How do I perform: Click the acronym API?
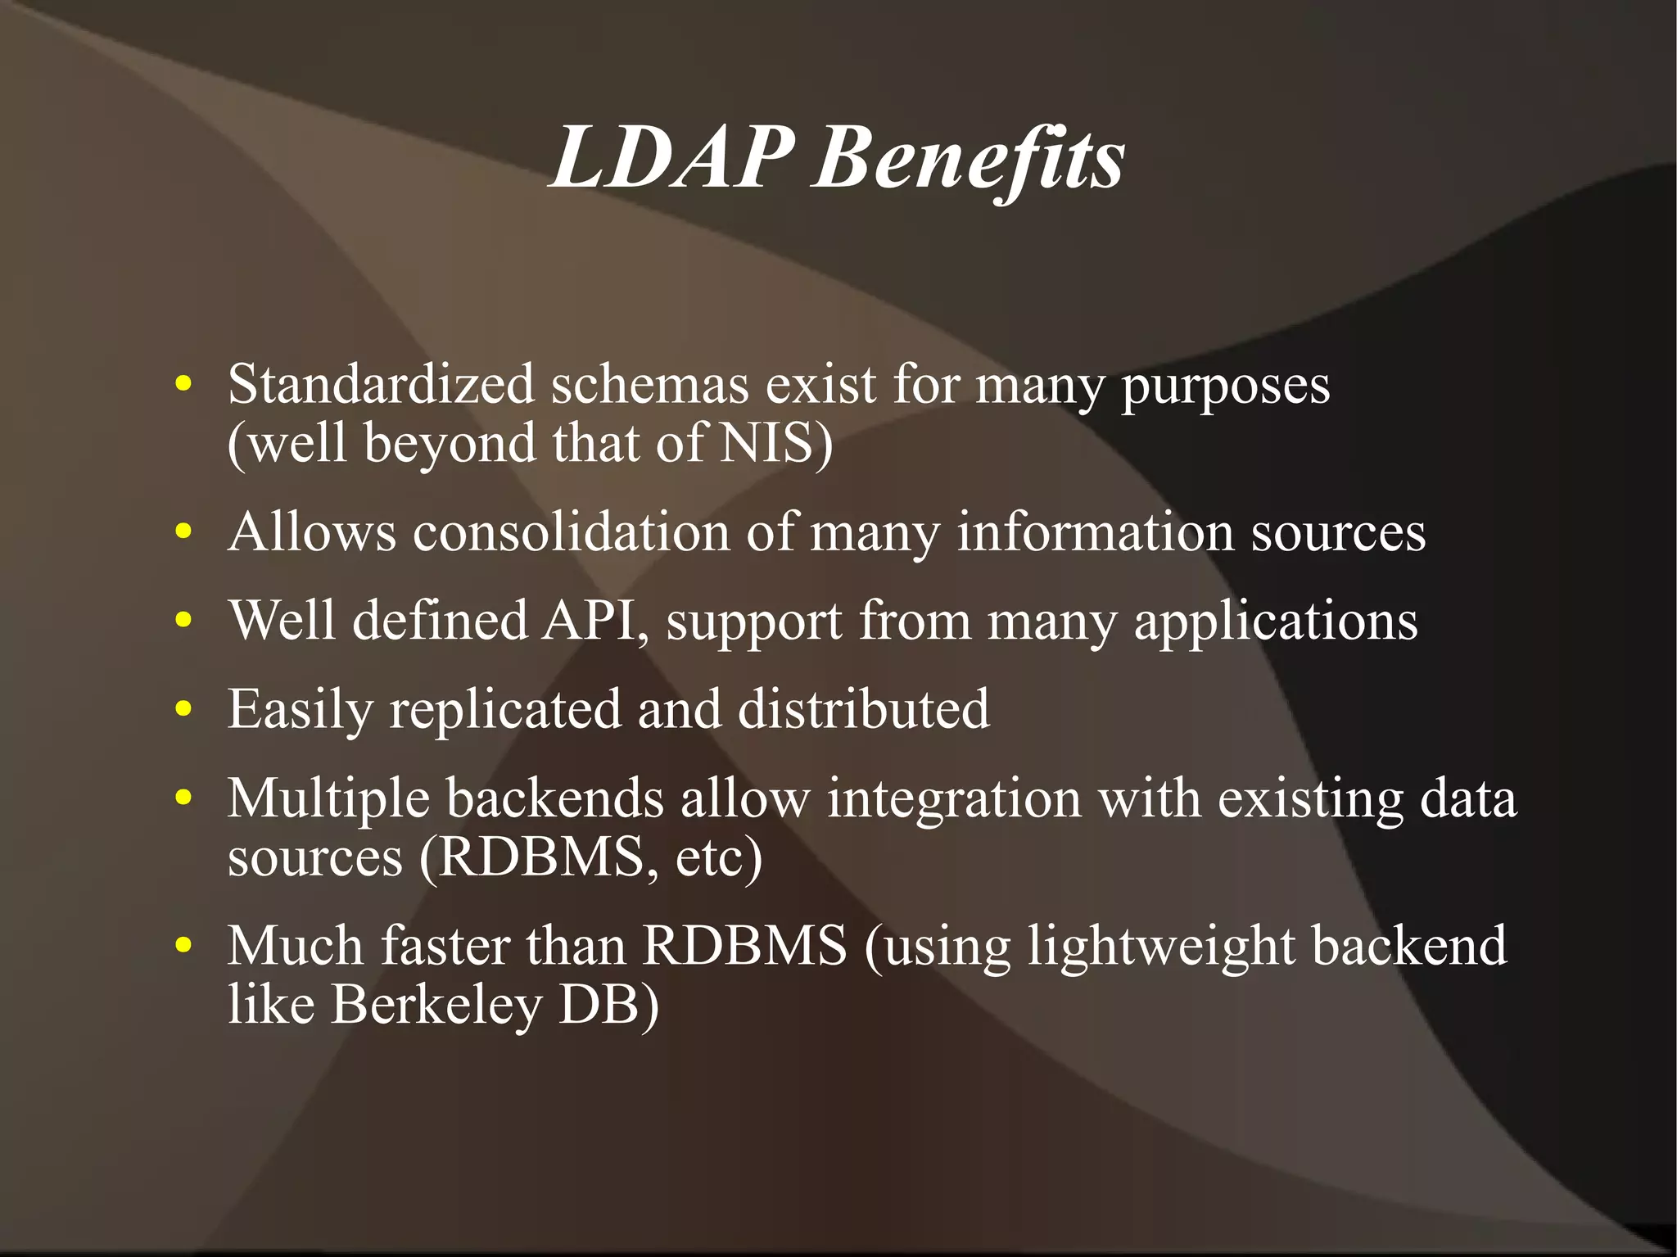[x=590, y=620]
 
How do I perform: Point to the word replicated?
[x=504, y=708]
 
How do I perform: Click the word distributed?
[x=863, y=708]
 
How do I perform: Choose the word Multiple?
[x=328, y=798]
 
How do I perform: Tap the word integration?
[x=954, y=798]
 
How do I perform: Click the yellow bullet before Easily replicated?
[x=183, y=708]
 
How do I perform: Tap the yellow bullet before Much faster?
[x=183, y=946]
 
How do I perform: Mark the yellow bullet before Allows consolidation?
[x=183, y=531]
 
